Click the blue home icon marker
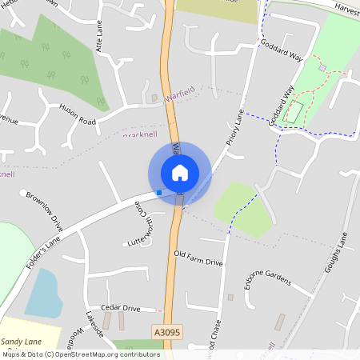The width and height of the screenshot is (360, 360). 180,172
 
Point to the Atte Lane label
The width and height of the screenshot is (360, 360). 101,38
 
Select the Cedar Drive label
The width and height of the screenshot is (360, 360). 120,308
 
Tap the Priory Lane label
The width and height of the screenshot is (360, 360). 233,127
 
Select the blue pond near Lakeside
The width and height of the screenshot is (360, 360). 43,293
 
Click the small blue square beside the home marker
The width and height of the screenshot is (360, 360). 159,192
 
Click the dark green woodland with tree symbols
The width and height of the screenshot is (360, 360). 56,64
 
